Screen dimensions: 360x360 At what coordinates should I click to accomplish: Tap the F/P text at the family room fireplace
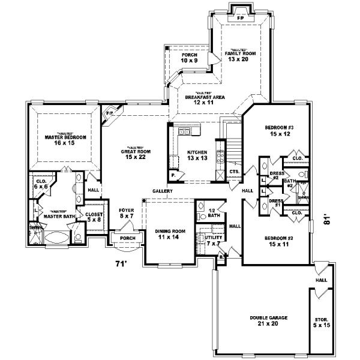pyautogui.click(x=241, y=19)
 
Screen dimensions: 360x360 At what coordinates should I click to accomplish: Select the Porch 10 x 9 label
pyautogui.click(x=189, y=59)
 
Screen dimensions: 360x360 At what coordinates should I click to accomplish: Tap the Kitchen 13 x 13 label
pyautogui.click(x=196, y=155)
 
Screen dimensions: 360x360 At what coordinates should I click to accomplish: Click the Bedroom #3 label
pyautogui.click(x=278, y=131)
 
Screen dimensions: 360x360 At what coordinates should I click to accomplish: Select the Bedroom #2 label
pyautogui.click(x=277, y=242)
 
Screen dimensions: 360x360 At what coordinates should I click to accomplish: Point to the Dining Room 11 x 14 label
pyautogui.click(x=168, y=235)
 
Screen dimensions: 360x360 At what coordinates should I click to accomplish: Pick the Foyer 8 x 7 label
pyautogui.click(x=126, y=213)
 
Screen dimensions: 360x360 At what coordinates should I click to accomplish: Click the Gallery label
pyautogui.click(x=162, y=191)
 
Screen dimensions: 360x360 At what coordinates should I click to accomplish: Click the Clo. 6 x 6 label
pyautogui.click(x=41, y=184)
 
